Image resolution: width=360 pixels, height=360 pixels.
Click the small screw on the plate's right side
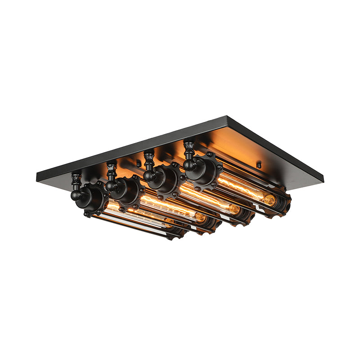point(258,165)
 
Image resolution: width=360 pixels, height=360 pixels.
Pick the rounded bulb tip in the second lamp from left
point(201,218)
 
